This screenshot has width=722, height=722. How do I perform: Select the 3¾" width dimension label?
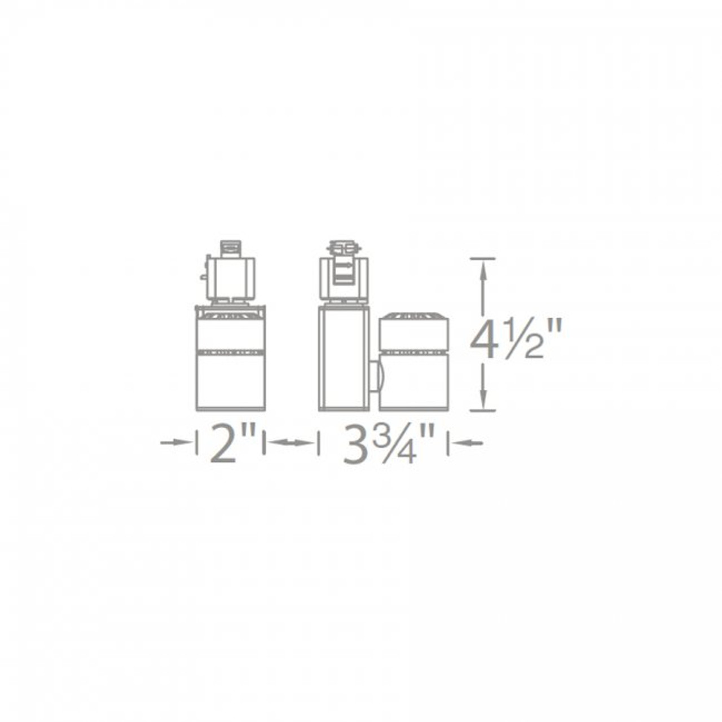389,443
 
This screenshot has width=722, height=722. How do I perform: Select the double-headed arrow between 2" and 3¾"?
290,443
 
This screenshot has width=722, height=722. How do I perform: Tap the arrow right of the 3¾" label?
467,443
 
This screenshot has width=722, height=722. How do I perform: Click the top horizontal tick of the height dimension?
482,258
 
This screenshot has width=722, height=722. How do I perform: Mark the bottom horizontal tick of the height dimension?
482,411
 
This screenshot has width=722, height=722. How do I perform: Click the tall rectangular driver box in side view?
344,359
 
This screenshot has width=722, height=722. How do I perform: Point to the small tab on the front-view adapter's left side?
202,277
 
